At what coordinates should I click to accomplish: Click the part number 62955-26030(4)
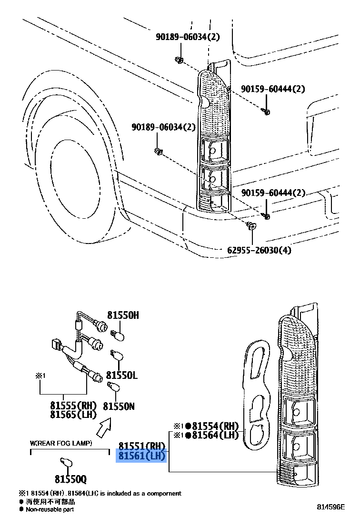(x=259, y=250)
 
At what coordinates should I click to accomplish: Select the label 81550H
(x=123, y=315)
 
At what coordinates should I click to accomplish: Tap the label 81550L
(x=121, y=376)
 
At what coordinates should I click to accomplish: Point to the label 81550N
(x=119, y=406)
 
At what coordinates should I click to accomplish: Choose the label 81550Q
(x=70, y=479)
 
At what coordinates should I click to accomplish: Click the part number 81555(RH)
(x=73, y=406)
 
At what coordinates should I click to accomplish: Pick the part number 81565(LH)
(x=73, y=415)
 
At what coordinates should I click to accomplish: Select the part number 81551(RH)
(x=141, y=447)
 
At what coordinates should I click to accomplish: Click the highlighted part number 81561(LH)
(x=141, y=456)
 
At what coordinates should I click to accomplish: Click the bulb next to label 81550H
(x=118, y=335)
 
